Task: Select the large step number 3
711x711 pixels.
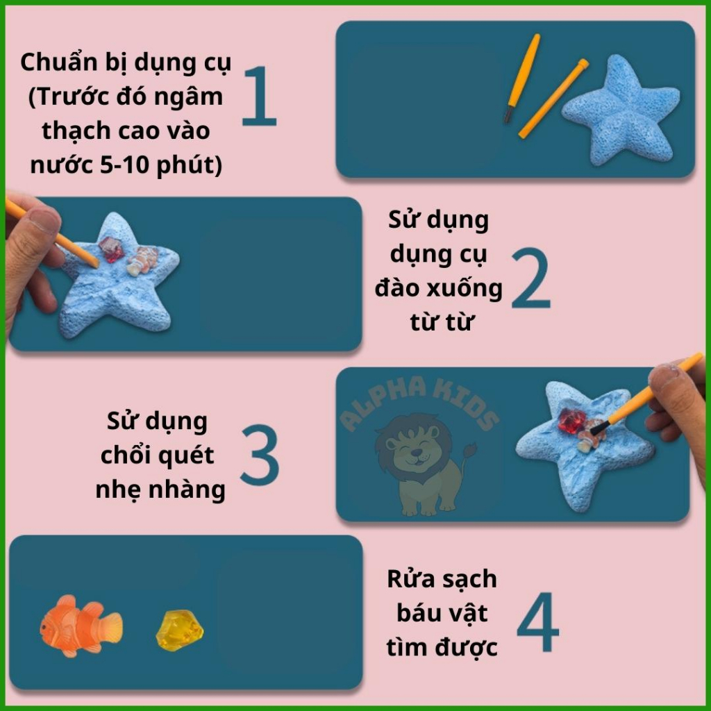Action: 260,455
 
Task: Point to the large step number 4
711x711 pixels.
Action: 537,623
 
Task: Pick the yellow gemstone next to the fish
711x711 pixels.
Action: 179,629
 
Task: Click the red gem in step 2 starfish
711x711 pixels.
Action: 110,249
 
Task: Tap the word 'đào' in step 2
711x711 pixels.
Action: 398,288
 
